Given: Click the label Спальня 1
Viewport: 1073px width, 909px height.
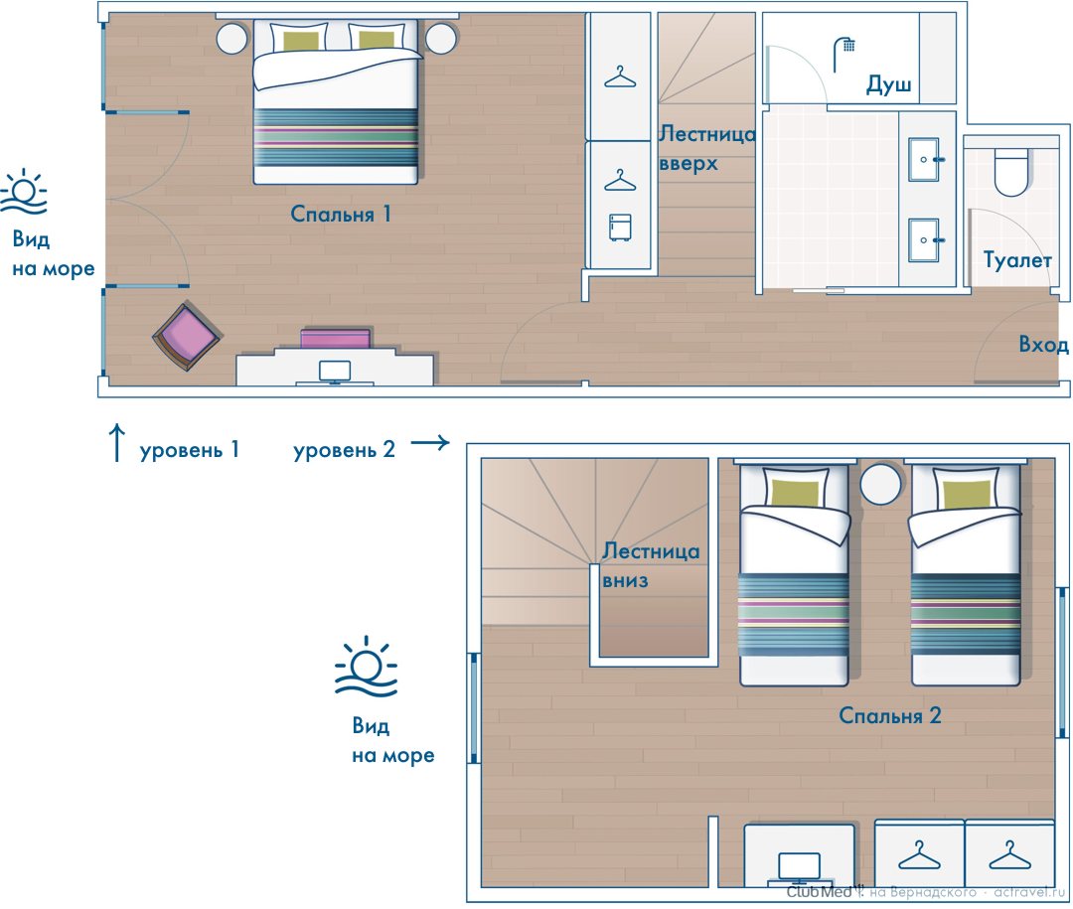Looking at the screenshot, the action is pyautogui.click(x=340, y=214).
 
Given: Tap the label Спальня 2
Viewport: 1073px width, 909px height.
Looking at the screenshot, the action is pyautogui.click(x=889, y=715).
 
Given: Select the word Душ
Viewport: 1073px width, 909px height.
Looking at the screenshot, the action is pyautogui.click(x=888, y=84).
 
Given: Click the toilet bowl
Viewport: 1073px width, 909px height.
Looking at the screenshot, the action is pyautogui.click(x=1011, y=173).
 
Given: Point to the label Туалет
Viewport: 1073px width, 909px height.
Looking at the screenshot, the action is pyautogui.click(x=1017, y=260).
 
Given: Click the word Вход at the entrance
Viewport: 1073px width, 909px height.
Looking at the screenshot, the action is pyautogui.click(x=1043, y=344).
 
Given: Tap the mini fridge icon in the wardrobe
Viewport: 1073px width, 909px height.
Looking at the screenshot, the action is pyautogui.click(x=620, y=227).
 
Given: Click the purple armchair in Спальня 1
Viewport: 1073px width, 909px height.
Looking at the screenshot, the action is pyautogui.click(x=186, y=337).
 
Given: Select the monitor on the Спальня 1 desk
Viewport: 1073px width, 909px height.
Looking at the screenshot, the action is pyautogui.click(x=335, y=372).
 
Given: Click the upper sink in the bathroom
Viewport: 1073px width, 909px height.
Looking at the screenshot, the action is pyautogui.click(x=924, y=160).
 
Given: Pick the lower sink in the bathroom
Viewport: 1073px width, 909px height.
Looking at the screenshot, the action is pyautogui.click(x=924, y=239).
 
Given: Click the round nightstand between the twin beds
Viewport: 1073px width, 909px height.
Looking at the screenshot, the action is pyautogui.click(x=880, y=484).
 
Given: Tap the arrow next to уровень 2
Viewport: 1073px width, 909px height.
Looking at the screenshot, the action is pyautogui.click(x=430, y=443).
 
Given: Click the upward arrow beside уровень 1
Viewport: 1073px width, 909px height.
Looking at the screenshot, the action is pyautogui.click(x=117, y=442).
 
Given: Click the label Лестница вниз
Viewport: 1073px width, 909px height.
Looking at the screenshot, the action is pyautogui.click(x=651, y=565).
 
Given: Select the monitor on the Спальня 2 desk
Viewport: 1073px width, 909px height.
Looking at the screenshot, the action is pyautogui.click(x=799, y=866).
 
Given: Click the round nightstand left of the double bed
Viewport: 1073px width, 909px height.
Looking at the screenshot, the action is pyautogui.click(x=232, y=39).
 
